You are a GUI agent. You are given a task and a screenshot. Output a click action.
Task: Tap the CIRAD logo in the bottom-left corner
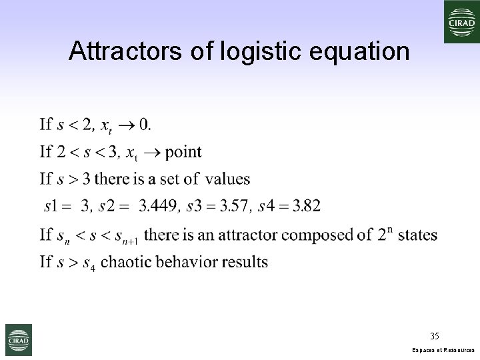[19, 340]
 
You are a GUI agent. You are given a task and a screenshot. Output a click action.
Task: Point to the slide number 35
[435, 335]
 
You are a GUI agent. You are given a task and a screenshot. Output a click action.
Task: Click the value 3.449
[159, 206]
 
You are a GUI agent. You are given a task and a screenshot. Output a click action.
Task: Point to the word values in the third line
[228, 179]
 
